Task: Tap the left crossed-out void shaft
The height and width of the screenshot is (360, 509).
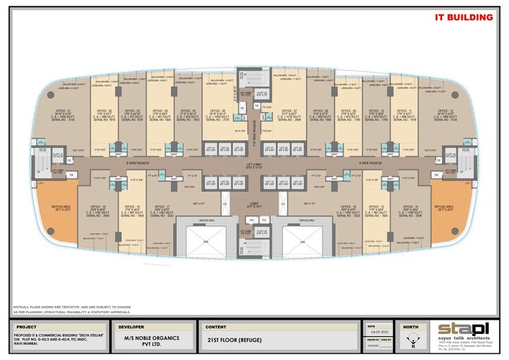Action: pyautogui.click(x=206, y=243)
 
